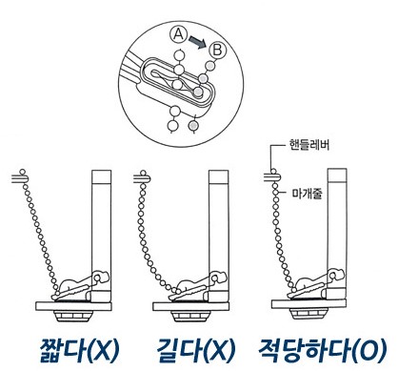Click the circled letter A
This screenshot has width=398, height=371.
179,34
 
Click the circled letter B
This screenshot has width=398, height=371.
218,51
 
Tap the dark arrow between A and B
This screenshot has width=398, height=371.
197,42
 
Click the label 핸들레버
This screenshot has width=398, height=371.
308,145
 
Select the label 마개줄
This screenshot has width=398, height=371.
307,193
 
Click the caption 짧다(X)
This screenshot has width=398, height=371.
79,350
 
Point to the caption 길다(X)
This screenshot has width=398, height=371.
196,350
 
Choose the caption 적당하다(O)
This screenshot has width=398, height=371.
324,350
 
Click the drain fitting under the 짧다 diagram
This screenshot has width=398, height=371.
73,316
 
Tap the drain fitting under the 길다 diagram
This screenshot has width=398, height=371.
190,316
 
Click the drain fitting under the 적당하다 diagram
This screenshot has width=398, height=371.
308,314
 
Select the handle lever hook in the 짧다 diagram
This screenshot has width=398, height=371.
21,176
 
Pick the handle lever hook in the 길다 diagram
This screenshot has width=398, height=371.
142,176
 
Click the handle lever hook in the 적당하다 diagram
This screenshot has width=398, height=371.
272,175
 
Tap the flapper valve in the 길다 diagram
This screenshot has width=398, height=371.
198,285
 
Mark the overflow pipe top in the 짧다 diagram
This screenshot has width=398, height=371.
102,177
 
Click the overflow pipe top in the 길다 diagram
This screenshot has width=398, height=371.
219,177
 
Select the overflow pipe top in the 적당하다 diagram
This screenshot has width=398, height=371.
337,175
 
